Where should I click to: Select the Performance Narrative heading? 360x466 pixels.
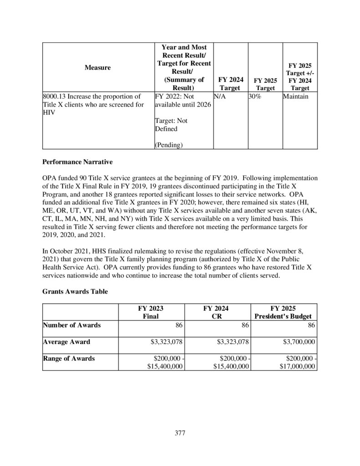(x=74, y=161)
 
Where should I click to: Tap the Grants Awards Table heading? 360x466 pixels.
(x=75, y=292)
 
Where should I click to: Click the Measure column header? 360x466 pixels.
(x=97, y=67)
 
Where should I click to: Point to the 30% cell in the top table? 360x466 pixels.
(x=254, y=97)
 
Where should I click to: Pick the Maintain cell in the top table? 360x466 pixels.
(x=295, y=97)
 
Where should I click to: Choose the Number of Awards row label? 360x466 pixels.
(x=71, y=325)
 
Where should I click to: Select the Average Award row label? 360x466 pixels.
(x=66, y=342)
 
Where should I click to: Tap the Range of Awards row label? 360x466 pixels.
(x=69, y=358)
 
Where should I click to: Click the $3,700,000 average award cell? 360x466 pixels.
(x=297, y=342)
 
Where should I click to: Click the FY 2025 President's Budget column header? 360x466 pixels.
(x=284, y=312)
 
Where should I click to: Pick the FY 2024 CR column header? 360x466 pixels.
(x=216, y=312)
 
